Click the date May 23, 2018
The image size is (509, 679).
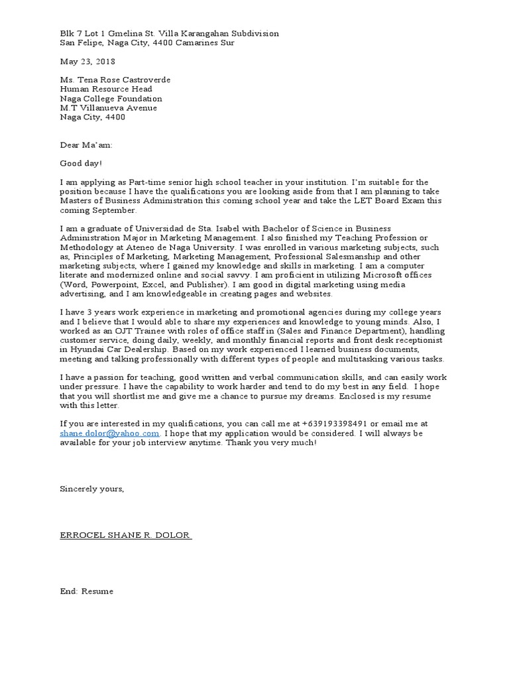click(87, 61)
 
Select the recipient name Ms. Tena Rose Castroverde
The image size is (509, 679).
click(115, 80)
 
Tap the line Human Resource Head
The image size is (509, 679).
click(106, 89)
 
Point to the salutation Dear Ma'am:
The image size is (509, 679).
click(86, 145)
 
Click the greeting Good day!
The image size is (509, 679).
click(82, 163)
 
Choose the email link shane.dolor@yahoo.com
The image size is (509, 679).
click(110, 433)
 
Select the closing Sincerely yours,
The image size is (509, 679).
click(91, 489)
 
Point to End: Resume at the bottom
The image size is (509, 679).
click(87, 591)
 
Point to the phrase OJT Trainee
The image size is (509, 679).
click(133, 331)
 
